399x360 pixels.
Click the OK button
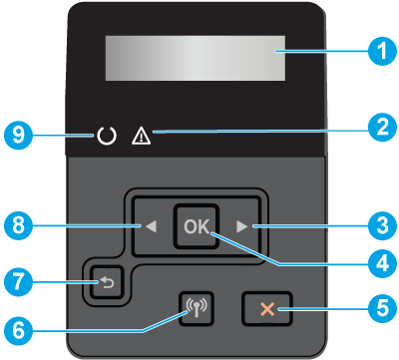(x=197, y=226)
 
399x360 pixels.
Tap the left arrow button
(x=152, y=226)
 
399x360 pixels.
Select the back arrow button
(x=107, y=282)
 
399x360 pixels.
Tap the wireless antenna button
(x=197, y=308)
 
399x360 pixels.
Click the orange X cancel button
(x=267, y=308)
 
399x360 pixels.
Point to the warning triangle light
(x=142, y=137)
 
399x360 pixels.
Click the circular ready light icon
(x=107, y=137)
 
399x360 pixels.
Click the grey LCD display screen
(x=196, y=58)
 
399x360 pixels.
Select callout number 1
(x=382, y=51)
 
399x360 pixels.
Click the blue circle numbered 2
(x=382, y=128)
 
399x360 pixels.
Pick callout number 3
(x=382, y=225)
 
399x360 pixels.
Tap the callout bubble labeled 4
(x=382, y=264)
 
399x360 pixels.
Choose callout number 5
(x=382, y=308)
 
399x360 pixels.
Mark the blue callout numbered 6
(x=18, y=330)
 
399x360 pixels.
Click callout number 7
(x=18, y=282)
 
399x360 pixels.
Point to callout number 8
(x=18, y=225)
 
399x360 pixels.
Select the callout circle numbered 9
(x=18, y=135)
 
